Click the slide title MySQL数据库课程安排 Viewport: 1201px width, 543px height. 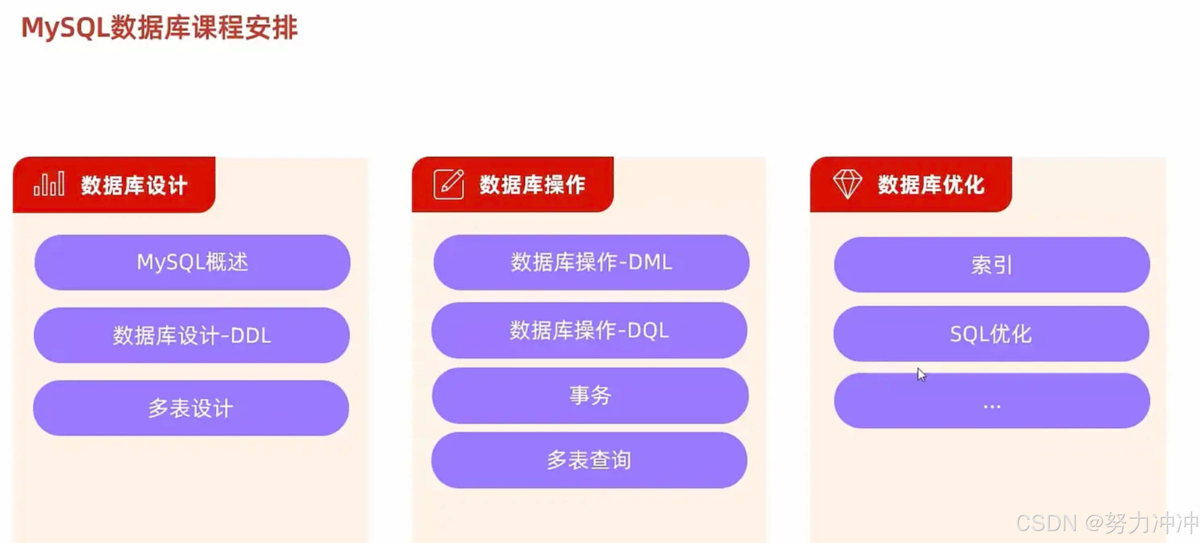click(159, 27)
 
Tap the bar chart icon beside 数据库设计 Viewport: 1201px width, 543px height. click(49, 184)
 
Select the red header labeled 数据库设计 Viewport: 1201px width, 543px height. click(134, 185)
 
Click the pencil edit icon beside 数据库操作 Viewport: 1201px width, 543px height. click(448, 184)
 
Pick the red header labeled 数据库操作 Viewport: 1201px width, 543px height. click(532, 184)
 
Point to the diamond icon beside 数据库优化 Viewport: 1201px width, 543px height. click(847, 184)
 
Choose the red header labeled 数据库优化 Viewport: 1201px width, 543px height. click(930, 184)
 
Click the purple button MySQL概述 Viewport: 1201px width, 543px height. click(192, 262)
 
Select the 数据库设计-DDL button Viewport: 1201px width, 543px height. click(192, 335)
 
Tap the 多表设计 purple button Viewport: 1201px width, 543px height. click(191, 408)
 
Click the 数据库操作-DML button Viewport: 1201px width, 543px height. click(591, 262)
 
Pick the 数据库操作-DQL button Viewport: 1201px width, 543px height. click(589, 330)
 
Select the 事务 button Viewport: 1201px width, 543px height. click(590, 395)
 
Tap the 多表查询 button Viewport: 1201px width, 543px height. click(589, 460)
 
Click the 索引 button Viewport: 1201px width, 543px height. click(992, 265)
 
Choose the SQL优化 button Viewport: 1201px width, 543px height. click(991, 334)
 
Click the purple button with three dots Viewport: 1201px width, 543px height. click(992, 401)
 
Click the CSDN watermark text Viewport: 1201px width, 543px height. click(1107, 523)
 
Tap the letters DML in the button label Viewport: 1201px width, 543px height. click(650, 262)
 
